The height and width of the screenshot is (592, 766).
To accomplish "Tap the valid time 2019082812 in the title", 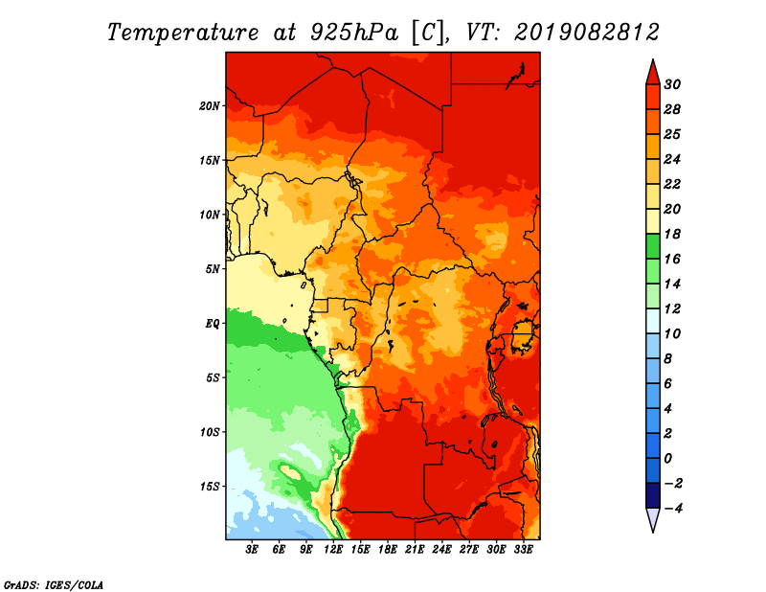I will (x=586, y=32).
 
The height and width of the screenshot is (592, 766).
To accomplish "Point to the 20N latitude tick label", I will (x=210, y=105).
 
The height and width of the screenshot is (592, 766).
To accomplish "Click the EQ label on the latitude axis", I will (x=213, y=323).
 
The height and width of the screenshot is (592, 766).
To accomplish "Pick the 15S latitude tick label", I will (x=210, y=486).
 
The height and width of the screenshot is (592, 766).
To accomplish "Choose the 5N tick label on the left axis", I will (x=213, y=268).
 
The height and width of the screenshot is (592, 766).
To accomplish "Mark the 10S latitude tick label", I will (x=210, y=432).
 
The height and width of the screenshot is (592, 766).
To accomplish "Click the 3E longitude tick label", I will (x=253, y=550).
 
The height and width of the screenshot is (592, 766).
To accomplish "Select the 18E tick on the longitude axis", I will (x=388, y=550).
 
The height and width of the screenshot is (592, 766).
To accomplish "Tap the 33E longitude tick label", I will (x=523, y=550).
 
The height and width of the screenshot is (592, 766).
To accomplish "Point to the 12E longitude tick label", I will (x=333, y=550).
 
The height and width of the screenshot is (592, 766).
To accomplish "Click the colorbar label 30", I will (x=671, y=83).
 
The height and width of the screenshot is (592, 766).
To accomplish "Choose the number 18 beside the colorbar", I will (x=671, y=234).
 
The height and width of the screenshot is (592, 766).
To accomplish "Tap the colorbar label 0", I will (x=667, y=458).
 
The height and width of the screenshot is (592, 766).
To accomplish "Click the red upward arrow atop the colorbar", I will (x=652, y=72).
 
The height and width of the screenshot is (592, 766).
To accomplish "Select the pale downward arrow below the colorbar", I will (x=652, y=520).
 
